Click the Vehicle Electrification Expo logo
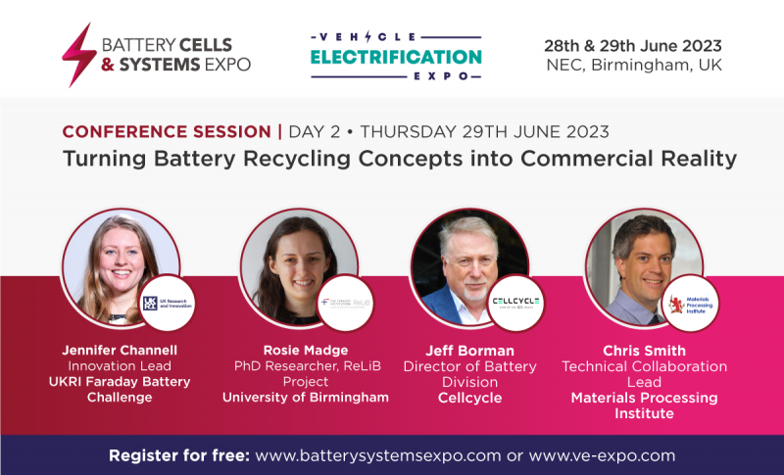click(x=396, y=55)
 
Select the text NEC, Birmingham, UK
click(x=633, y=66)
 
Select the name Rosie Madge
click(x=306, y=350)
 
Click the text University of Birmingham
click(x=306, y=398)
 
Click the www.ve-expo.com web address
click(x=603, y=455)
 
